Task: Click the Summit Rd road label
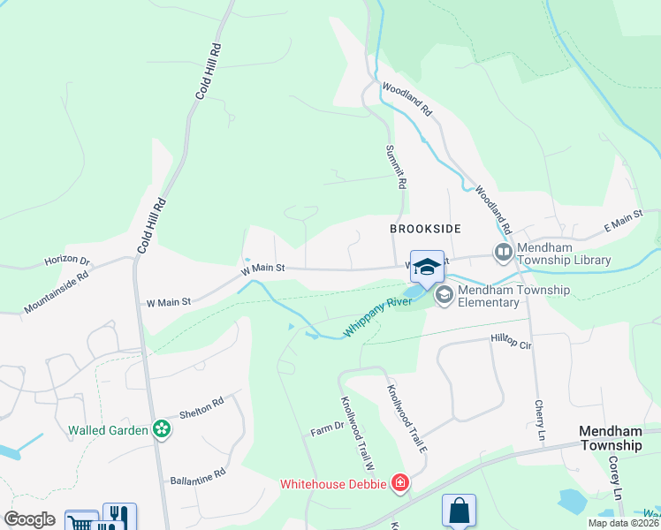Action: click(x=396, y=167)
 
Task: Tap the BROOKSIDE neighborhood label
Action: click(x=426, y=229)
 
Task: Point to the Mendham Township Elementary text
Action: click(x=513, y=296)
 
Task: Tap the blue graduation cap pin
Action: click(x=427, y=267)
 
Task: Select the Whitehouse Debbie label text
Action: click(x=333, y=484)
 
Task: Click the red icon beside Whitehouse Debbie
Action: click(x=400, y=483)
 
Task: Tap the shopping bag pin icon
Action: click(x=459, y=511)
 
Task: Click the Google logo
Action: click(x=29, y=519)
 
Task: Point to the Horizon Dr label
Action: click(x=67, y=261)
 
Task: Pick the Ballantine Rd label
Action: click(x=198, y=475)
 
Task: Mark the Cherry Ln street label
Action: click(x=539, y=420)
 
